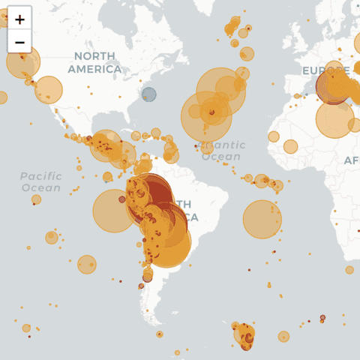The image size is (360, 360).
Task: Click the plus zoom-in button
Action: tap(19, 19)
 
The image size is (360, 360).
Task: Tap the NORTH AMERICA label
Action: tap(94, 63)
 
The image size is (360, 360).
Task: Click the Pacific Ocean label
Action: tap(41, 181)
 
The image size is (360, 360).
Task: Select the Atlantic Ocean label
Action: tap(222, 151)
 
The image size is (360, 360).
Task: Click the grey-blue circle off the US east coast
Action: tap(149, 94)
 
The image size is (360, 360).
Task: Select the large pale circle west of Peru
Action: tap(114, 211)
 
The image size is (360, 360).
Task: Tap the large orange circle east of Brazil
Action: tap(262, 219)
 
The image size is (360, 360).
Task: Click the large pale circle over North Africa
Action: tap(334, 119)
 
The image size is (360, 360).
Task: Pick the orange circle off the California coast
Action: tap(49, 90)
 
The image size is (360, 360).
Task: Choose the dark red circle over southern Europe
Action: tap(331, 88)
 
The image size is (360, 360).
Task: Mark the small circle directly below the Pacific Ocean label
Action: tap(36, 199)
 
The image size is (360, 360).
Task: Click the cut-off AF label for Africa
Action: tap(351, 160)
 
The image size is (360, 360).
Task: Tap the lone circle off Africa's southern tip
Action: tap(349, 270)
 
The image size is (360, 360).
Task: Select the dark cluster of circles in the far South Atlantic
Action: tap(245, 335)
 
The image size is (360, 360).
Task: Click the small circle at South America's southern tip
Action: tap(159, 334)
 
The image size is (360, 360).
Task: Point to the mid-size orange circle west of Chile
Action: tap(87, 264)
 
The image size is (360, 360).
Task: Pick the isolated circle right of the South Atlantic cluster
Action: tap(283, 337)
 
